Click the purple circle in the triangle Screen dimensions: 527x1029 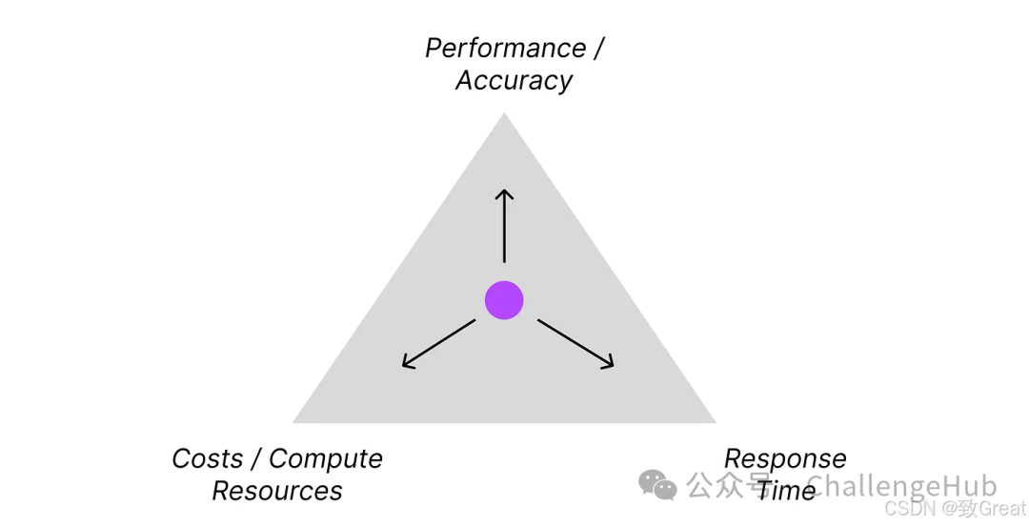click(x=504, y=300)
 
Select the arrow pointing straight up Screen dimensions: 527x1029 click(x=504, y=226)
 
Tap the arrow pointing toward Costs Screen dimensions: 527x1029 click(x=438, y=343)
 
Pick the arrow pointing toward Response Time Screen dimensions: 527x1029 click(x=575, y=343)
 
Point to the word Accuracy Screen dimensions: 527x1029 click(x=514, y=80)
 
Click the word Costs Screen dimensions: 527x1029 click(x=207, y=458)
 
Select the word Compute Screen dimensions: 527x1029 click(x=325, y=458)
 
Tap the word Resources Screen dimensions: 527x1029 click(x=276, y=491)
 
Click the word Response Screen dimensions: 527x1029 click(x=785, y=458)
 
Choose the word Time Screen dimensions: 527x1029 click(x=786, y=491)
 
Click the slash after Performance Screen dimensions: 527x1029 click(x=598, y=48)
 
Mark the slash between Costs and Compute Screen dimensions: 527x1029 click(x=255, y=458)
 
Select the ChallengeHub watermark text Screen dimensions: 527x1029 click(x=900, y=485)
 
